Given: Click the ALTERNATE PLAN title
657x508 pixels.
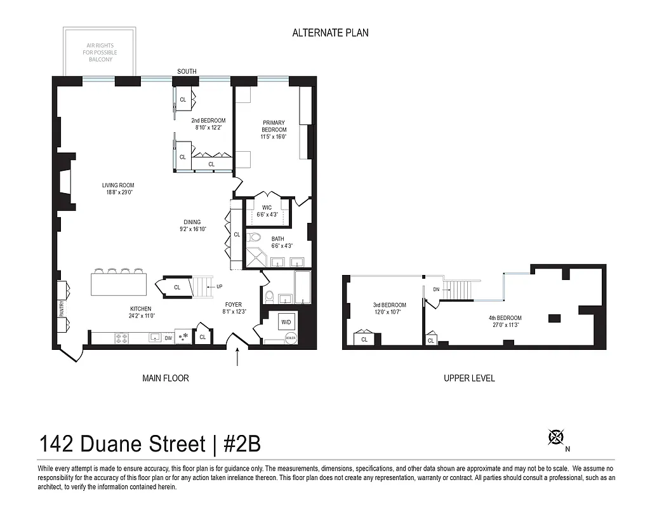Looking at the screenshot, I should [x=330, y=32].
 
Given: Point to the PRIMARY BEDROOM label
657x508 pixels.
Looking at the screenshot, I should [x=274, y=126].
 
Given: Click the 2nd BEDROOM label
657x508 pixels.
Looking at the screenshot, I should [x=208, y=121].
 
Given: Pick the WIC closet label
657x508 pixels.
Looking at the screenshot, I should [x=267, y=207].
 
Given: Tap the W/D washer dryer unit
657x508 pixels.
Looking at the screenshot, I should [x=286, y=323].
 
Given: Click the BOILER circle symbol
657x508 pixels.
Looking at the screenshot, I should [x=291, y=337].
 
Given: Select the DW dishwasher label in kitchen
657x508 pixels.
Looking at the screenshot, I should [x=168, y=338].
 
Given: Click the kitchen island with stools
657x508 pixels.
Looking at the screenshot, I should [x=119, y=283].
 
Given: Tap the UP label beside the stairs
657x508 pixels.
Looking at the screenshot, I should [x=219, y=286].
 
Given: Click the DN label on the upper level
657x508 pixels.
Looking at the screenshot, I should [x=436, y=289].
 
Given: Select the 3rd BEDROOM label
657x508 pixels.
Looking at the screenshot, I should [x=389, y=305].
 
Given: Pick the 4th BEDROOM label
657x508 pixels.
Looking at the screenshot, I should [x=505, y=318].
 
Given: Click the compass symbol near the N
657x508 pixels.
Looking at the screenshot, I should [x=556, y=437].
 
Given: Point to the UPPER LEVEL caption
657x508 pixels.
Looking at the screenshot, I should [x=469, y=378].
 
